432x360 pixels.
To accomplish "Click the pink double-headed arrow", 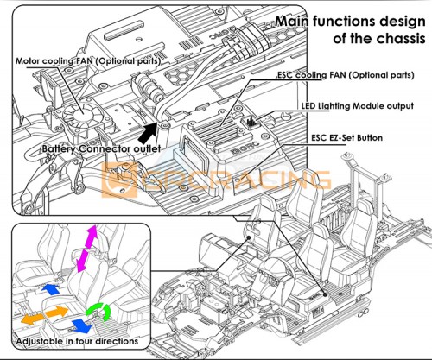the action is click(87, 248).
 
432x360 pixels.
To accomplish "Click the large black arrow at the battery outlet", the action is click(148, 133).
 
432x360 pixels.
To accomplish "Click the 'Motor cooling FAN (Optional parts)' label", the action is click(88, 61).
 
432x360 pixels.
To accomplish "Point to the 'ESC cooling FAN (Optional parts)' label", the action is click(346, 75).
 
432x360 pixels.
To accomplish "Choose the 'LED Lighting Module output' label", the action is click(358, 106).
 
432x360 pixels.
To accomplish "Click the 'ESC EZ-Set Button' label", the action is click(346, 138).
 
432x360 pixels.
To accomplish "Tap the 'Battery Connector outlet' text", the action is click(101, 148).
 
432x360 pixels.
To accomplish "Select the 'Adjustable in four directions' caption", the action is click(77, 341).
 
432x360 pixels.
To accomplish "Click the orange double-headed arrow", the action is click(45, 315).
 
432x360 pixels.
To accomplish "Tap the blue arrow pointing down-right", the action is click(81, 325).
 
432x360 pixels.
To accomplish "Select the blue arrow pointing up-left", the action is click(51, 289).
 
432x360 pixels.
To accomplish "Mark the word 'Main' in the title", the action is click(292, 21).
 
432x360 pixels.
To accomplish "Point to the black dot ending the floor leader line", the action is click(325, 294).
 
